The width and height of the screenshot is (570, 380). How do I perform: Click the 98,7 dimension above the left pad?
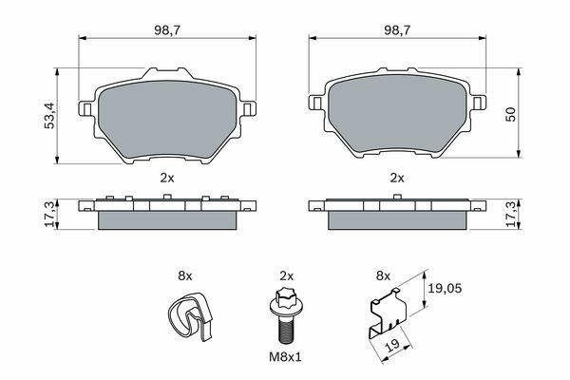(167, 30)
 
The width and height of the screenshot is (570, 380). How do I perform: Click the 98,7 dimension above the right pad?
(397, 30)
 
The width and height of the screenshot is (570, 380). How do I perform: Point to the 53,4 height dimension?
(49, 116)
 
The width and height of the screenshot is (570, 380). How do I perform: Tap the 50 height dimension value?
(510, 114)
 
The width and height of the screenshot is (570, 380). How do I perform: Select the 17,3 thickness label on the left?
(49, 214)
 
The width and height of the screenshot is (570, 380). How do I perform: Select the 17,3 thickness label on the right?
(510, 214)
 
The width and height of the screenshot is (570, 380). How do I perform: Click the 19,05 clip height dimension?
(445, 289)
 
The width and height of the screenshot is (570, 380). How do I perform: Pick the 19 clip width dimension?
(393, 345)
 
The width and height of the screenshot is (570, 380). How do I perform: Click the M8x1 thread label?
(285, 357)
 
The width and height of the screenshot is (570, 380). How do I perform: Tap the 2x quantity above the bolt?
(287, 276)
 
